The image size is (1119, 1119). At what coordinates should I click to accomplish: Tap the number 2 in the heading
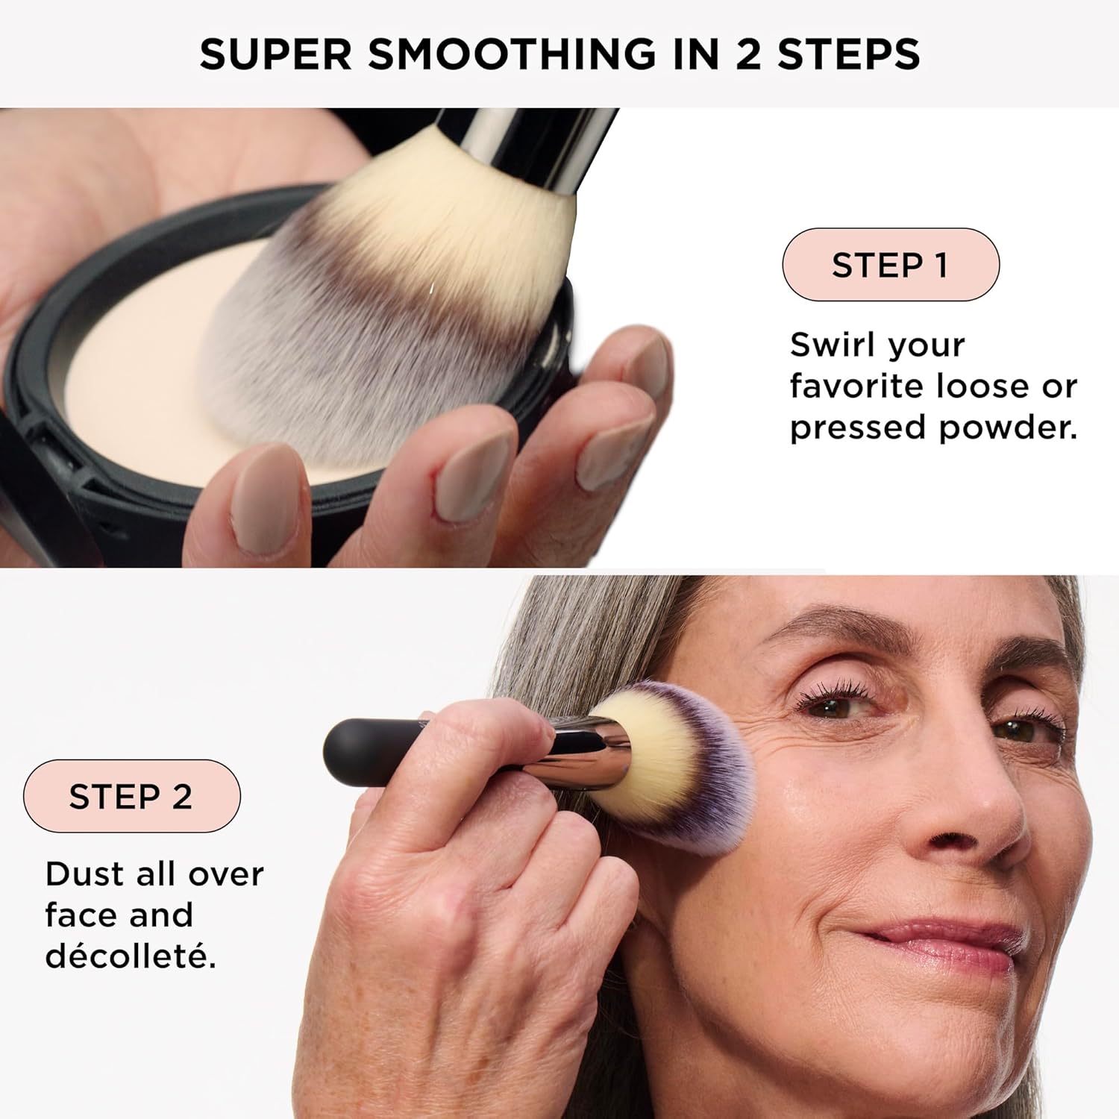pos(748,55)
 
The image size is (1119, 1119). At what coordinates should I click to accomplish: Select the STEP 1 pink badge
pos(890,265)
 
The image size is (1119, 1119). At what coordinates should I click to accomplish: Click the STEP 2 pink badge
pos(131,796)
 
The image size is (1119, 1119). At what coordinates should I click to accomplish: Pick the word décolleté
pos(131,956)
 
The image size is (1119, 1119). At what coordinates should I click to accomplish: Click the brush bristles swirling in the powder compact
pos(388,313)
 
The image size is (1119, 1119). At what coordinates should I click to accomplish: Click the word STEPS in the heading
pos(849,55)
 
